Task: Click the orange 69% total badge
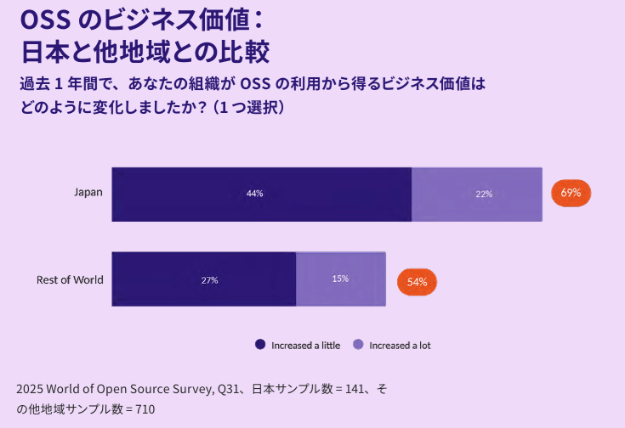pyautogui.click(x=571, y=193)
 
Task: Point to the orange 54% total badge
pyautogui.click(x=417, y=282)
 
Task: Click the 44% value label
pyautogui.click(x=254, y=194)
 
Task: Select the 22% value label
pyautogui.click(x=484, y=194)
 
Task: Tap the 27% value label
pyautogui.click(x=209, y=279)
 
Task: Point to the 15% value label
pyautogui.click(x=340, y=279)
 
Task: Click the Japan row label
pyautogui.click(x=88, y=193)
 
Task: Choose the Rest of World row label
pyautogui.click(x=70, y=279)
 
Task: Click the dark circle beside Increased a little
pyautogui.click(x=260, y=345)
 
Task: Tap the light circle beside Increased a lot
pyautogui.click(x=358, y=345)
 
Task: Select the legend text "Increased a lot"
pyautogui.click(x=400, y=346)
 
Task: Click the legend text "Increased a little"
pyautogui.click(x=305, y=346)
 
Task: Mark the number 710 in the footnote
pyautogui.click(x=145, y=409)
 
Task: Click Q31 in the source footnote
pyautogui.click(x=221, y=389)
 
